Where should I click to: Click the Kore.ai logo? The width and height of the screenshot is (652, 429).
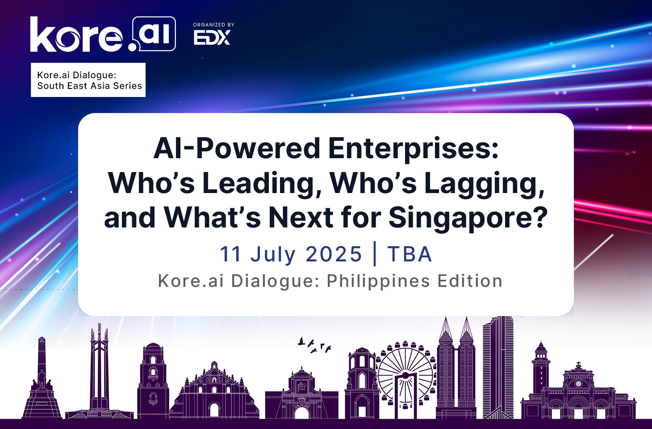point(103,34)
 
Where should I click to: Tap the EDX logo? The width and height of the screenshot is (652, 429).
point(212,38)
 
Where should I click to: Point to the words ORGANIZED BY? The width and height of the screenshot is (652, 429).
point(213,25)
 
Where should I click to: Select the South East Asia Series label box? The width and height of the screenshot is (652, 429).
point(88,80)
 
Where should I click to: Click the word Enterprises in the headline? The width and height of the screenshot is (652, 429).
point(413,148)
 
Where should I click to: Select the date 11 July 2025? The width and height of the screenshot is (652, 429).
point(291,254)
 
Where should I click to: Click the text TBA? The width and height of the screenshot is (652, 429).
point(409,254)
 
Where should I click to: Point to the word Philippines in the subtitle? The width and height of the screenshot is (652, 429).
point(378,282)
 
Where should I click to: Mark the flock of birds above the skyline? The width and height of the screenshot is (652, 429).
point(314,345)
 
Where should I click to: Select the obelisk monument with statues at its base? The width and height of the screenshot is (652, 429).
point(42,378)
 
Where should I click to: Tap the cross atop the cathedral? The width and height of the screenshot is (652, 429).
point(578,364)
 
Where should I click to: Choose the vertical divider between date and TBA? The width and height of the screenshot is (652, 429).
point(375,254)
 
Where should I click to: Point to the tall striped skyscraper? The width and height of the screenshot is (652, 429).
point(498,367)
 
